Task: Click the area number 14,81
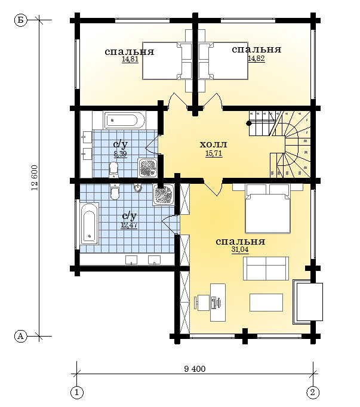point(130,59)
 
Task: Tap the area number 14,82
point(256,58)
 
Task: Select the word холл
point(214,144)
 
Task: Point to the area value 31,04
point(240,249)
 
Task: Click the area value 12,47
point(129,225)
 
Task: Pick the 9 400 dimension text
point(195,369)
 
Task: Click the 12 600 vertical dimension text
point(35,178)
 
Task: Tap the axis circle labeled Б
point(20,20)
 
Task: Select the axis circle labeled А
point(20,337)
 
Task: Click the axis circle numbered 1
point(76,392)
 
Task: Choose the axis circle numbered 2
point(313,392)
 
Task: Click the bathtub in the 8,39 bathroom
point(124,120)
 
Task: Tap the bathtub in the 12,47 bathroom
point(90,223)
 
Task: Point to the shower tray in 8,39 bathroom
point(147,168)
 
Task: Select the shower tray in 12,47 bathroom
point(164,195)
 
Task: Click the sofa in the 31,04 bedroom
point(266,269)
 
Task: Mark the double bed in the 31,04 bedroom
point(268,208)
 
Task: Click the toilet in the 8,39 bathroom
point(114,170)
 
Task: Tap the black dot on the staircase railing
point(249,124)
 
